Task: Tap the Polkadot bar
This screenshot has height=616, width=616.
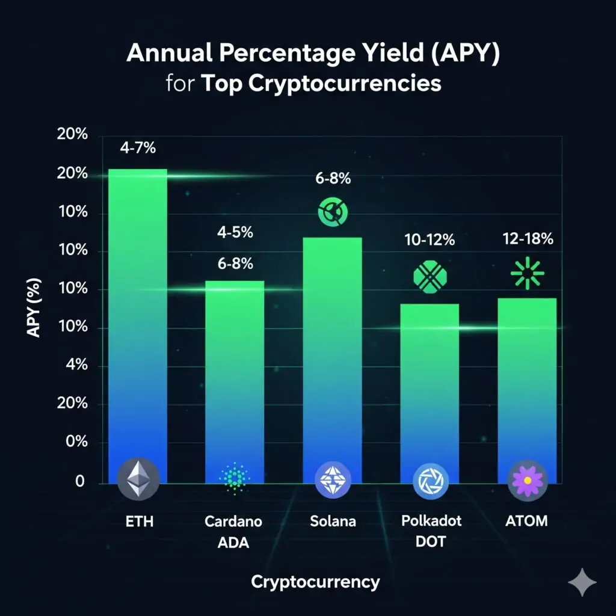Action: click(x=430, y=385)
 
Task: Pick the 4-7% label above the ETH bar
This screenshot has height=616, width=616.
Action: click(x=138, y=147)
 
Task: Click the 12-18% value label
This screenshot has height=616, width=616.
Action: click(x=528, y=239)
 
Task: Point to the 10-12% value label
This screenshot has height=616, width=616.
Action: click(x=430, y=240)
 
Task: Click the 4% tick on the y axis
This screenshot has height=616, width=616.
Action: click(x=76, y=365)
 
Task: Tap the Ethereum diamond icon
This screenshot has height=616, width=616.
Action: click(x=138, y=479)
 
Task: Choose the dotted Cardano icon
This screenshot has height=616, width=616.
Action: click(x=235, y=478)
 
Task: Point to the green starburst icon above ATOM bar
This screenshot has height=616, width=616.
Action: click(x=527, y=273)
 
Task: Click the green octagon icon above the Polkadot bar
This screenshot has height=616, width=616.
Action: click(x=430, y=277)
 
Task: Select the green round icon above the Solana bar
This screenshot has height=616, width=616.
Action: click(x=332, y=211)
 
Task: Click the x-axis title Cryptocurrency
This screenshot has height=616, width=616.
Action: click(x=315, y=582)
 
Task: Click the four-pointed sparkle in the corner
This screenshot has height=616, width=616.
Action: click(x=582, y=581)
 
